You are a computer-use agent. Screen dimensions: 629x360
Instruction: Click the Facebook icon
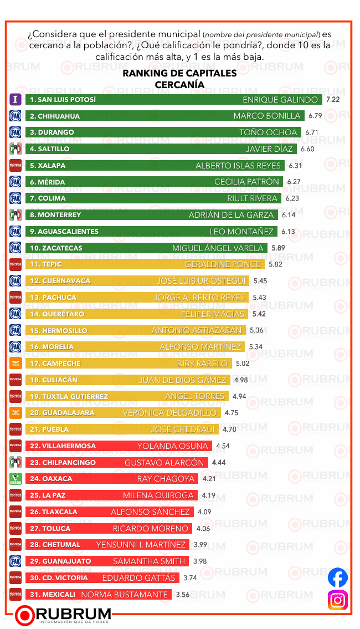338,577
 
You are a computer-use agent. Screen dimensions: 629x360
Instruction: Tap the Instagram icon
338,600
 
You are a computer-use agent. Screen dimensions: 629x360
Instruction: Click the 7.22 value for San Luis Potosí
333,100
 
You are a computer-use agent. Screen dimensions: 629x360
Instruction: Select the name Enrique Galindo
280,100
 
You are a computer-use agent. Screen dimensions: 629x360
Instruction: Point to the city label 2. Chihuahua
55,116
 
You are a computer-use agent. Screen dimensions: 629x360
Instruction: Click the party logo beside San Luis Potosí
16,100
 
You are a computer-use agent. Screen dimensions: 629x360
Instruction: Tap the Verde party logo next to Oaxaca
16,479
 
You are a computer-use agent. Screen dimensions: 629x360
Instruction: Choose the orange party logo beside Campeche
16,364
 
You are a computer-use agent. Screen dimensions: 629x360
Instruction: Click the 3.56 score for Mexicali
183,595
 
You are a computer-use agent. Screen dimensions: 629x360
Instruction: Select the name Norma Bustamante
124,595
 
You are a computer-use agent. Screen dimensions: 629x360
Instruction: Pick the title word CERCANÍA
179,84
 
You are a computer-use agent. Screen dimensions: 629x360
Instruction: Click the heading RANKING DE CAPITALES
179,73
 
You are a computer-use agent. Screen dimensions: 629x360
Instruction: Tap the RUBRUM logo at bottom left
64,615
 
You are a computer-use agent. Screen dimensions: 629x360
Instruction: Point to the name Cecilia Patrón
246,182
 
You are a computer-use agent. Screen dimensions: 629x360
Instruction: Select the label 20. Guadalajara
62,413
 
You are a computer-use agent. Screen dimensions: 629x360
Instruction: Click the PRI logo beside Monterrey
16,215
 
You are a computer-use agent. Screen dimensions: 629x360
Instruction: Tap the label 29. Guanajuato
60,561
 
